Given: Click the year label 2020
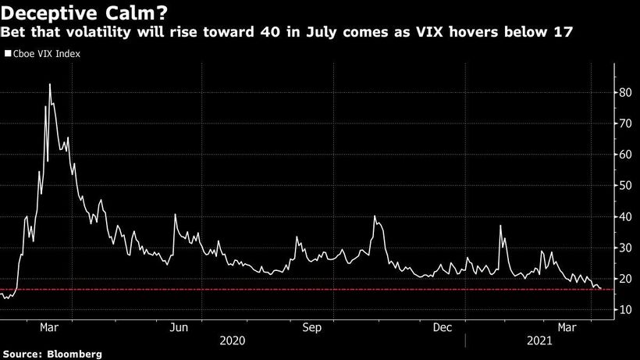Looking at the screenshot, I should (233, 341).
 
